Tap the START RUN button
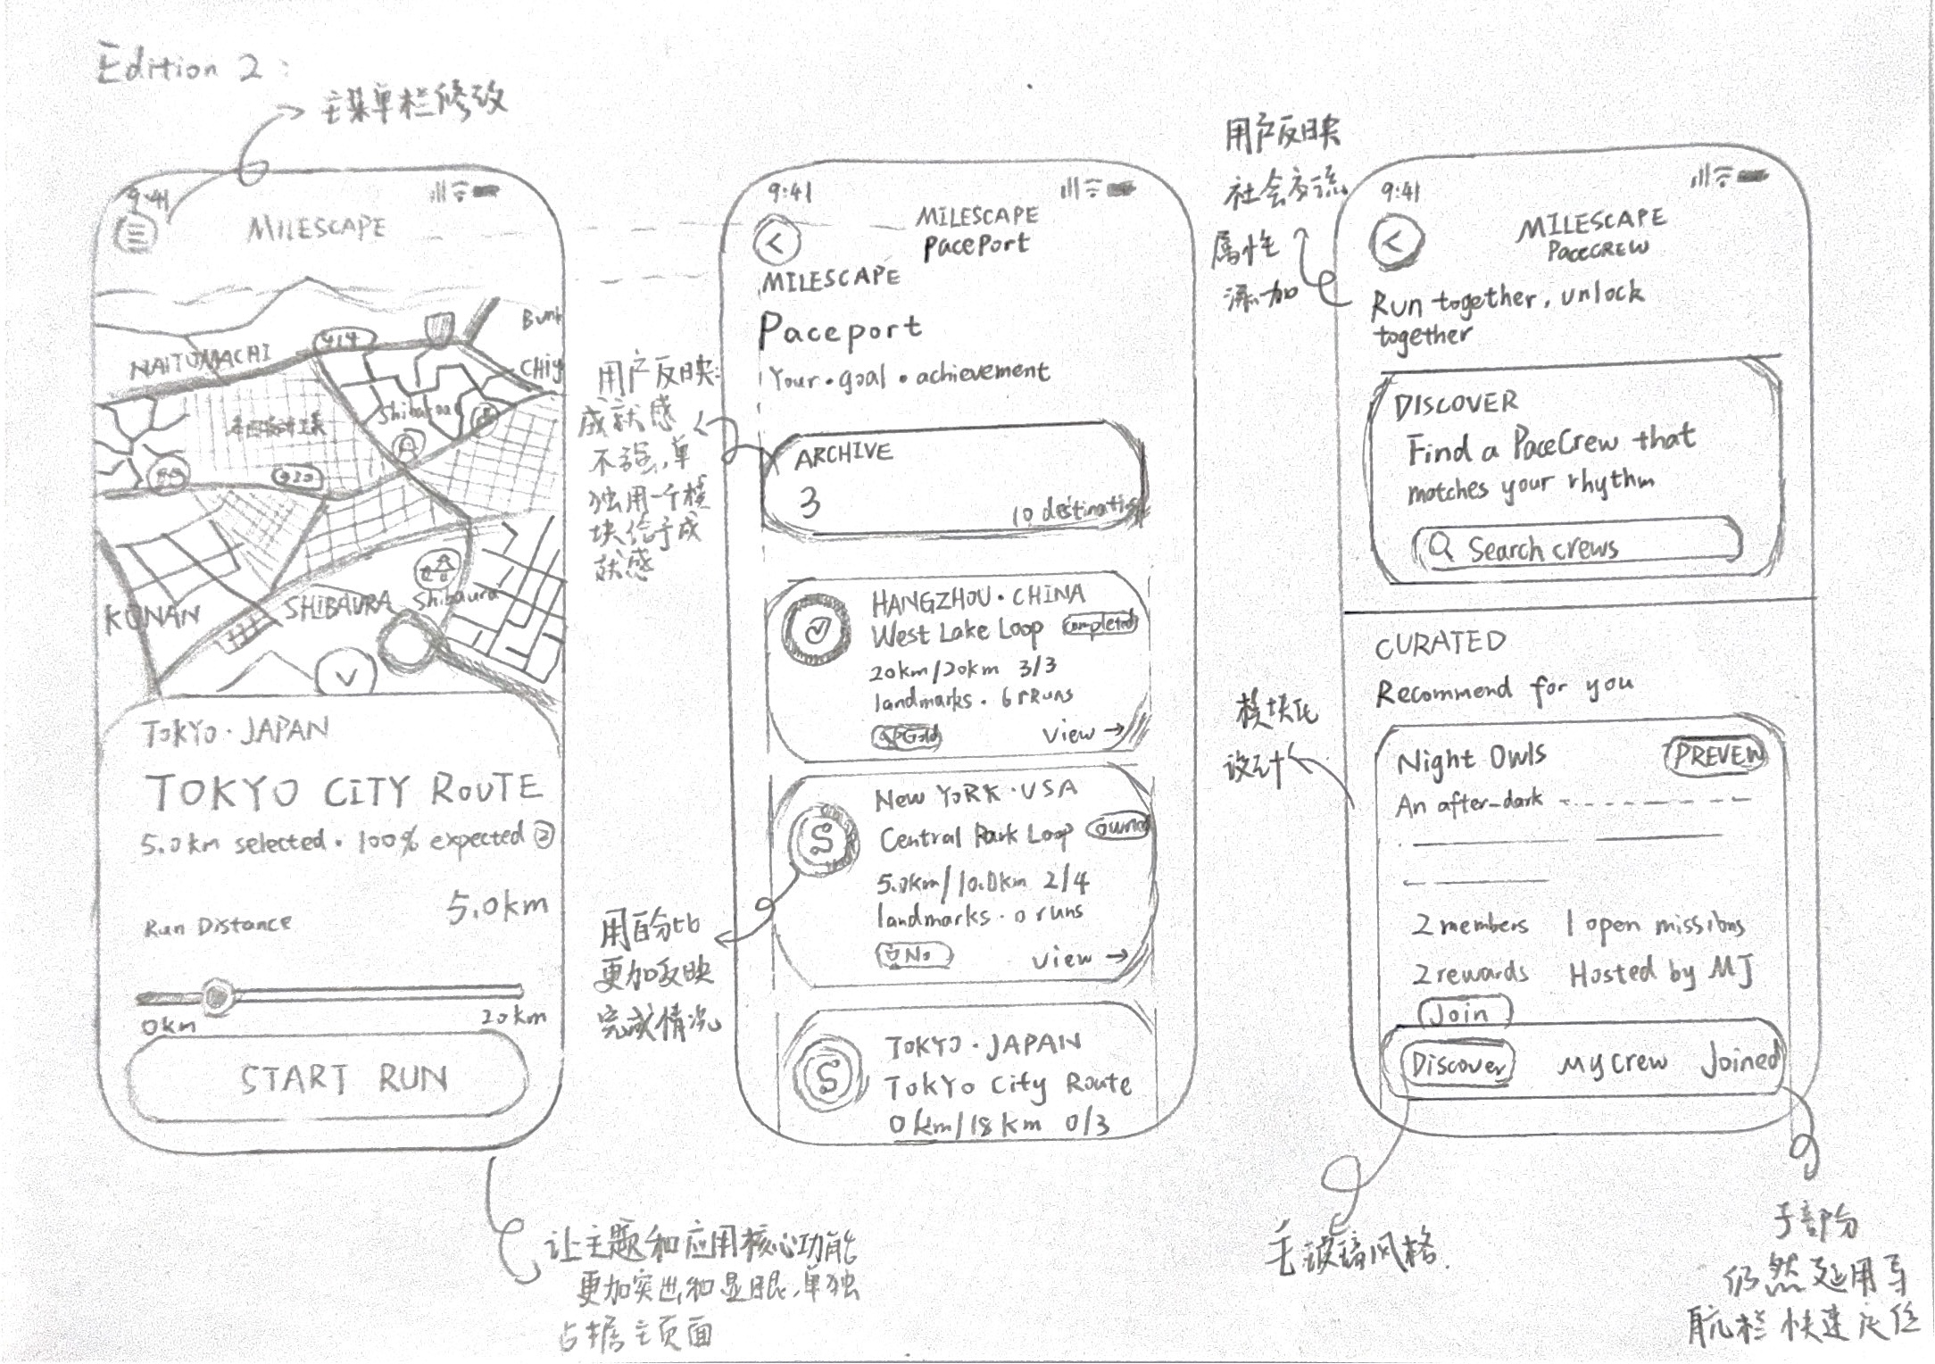[x=328, y=1078]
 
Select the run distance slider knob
[x=216, y=994]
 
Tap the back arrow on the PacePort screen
[x=776, y=243]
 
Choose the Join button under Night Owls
[x=1465, y=1014]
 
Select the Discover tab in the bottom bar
[x=1457, y=1065]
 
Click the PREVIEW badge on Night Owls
[x=1715, y=755]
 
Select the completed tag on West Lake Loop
[x=1100, y=624]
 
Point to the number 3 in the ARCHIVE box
[x=810, y=503]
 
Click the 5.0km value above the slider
[x=496, y=907]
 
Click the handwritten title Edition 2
[x=179, y=68]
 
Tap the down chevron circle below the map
[x=346, y=676]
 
